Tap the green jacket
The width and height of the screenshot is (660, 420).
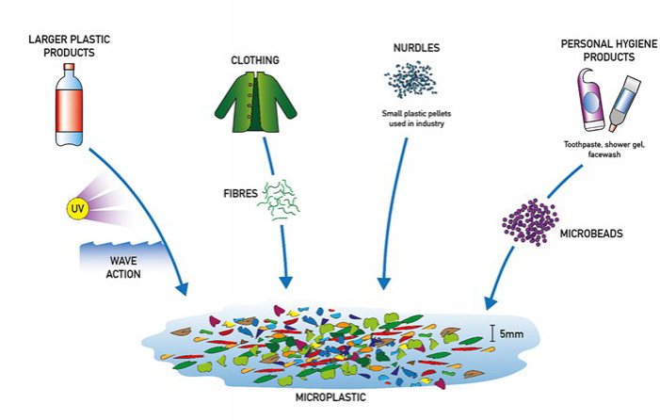pyautogui.click(x=254, y=103)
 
